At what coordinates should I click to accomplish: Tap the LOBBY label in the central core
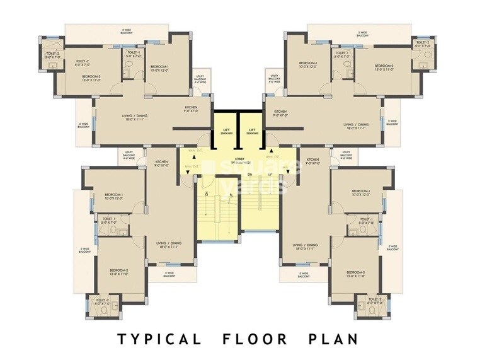click(239, 160)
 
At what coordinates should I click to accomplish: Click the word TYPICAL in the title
click(159, 339)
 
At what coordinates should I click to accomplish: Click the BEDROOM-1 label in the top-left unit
click(159, 66)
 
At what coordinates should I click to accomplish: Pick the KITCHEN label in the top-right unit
click(280, 112)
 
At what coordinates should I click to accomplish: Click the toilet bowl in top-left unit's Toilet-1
click(126, 74)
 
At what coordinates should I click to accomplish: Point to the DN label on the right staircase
click(249, 174)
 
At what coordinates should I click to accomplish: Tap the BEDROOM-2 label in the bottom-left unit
click(118, 270)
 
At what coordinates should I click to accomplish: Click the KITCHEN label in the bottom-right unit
click(313, 161)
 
